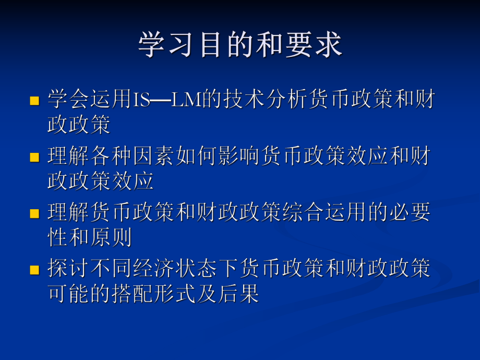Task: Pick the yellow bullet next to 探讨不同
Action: coord(35,270)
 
